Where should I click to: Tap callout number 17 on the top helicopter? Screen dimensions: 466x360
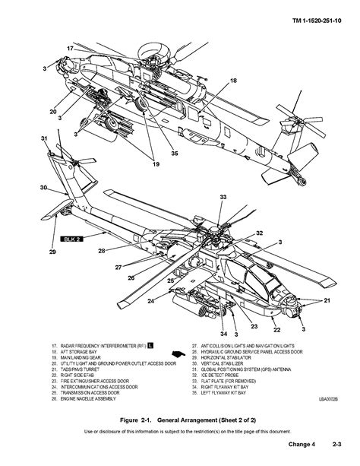coord(70,48)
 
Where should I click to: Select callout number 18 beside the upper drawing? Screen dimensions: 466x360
coord(233,81)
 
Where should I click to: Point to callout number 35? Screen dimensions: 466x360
coord(174,152)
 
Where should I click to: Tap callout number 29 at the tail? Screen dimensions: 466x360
coord(52,252)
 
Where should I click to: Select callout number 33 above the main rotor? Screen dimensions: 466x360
coord(223,197)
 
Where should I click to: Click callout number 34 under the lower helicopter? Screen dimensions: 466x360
coord(223,334)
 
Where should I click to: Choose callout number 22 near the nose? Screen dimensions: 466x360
coord(277,329)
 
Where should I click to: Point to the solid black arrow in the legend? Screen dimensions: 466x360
coord(178,354)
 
